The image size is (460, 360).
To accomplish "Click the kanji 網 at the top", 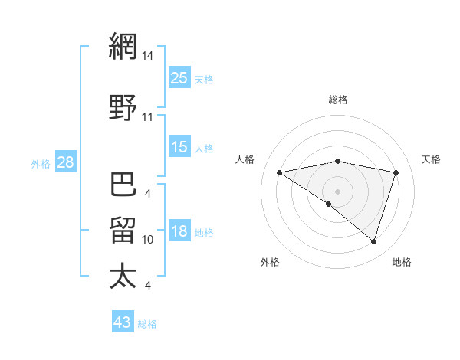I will (x=123, y=47).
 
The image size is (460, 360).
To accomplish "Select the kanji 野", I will (x=123, y=107).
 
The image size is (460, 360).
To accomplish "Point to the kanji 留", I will (x=123, y=231).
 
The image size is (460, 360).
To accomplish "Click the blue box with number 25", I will (x=179, y=78).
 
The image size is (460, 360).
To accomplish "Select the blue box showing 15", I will (x=179, y=147).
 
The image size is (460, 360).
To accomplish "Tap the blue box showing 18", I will (x=179, y=231).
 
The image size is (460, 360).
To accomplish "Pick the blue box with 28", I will (x=65, y=162).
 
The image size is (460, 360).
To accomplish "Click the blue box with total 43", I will (x=123, y=322).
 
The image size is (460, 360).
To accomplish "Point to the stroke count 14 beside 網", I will (x=147, y=56).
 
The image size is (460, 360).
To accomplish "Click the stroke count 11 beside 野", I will (x=147, y=117).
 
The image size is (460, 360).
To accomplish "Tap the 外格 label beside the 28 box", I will (x=40, y=163).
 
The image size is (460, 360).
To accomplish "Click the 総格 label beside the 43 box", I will (x=147, y=324).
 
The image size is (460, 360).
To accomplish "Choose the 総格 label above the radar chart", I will (x=337, y=100).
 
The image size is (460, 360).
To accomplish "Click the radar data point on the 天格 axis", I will (x=396, y=172).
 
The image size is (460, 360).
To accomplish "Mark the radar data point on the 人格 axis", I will (x=280, y=172).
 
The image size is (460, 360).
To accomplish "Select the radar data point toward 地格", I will (x=373, y=241).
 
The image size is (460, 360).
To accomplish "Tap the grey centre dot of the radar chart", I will (x=337, y=191).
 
